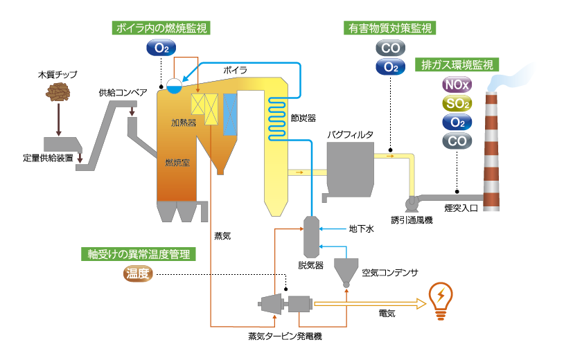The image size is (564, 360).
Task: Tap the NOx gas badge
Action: pos(457,86)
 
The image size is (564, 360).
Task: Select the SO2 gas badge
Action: pos(457,104)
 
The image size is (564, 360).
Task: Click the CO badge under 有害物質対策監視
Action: pos(390,48)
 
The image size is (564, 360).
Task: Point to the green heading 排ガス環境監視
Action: pos(457,66)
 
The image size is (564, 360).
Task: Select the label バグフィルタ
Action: pos(350,134)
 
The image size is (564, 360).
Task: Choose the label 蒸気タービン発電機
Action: pos(285,337)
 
